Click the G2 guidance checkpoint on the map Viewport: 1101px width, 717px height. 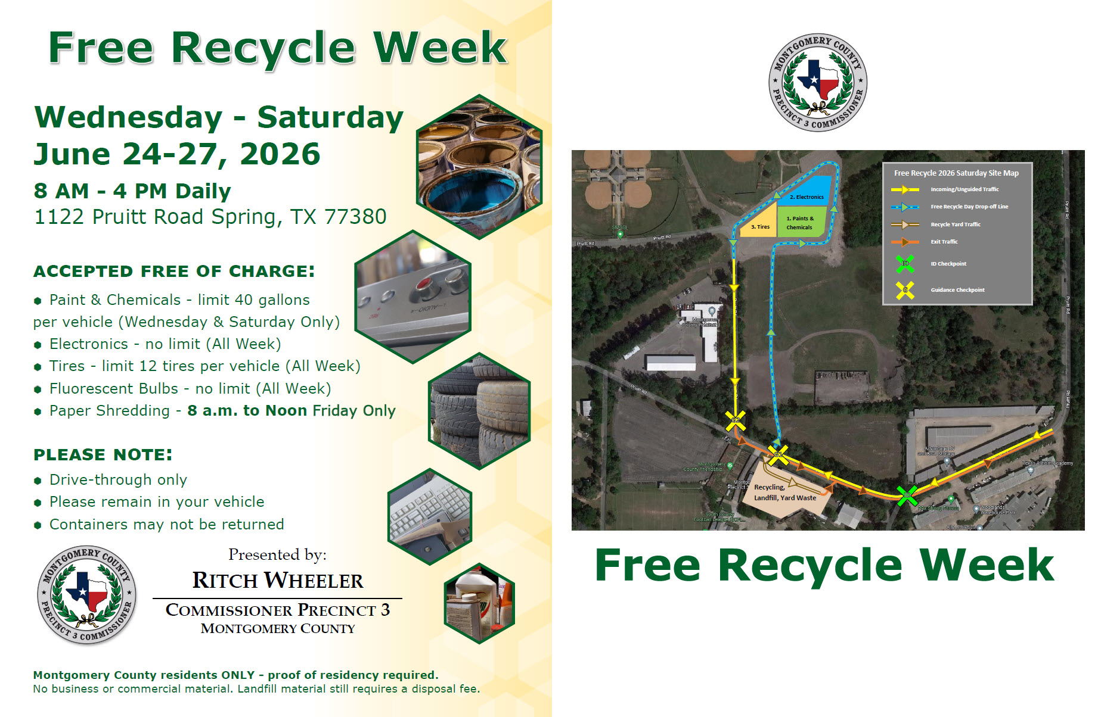pos(735,420)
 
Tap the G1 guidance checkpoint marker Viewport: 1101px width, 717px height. pos(778,455)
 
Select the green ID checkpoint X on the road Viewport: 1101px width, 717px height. pos(907,495)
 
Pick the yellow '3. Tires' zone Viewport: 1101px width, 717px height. pos(759,223)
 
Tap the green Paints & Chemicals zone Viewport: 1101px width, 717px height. pos(801,222)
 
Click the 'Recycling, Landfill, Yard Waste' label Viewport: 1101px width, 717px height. pos(784,492)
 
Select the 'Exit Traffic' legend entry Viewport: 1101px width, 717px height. pos(944,242)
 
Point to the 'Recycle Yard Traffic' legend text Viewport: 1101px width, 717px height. pos(956,225)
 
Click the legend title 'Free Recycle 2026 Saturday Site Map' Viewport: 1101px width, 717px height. pos(956,173)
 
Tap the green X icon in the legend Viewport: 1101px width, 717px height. pos(905,263)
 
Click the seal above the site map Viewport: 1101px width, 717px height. pos(818,82)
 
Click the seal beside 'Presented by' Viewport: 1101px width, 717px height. pos(87,595)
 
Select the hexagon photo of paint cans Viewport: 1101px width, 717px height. pos(479,167)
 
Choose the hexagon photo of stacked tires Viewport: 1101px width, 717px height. pos(479,412)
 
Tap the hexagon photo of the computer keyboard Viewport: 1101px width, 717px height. pos(430,516)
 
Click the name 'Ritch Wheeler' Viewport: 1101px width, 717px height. pos(277,581)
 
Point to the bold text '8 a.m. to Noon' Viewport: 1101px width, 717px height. pos(247,410)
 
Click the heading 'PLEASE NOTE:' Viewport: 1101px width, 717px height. pos(103,455)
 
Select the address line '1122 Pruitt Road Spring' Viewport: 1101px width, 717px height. pos(210,217)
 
